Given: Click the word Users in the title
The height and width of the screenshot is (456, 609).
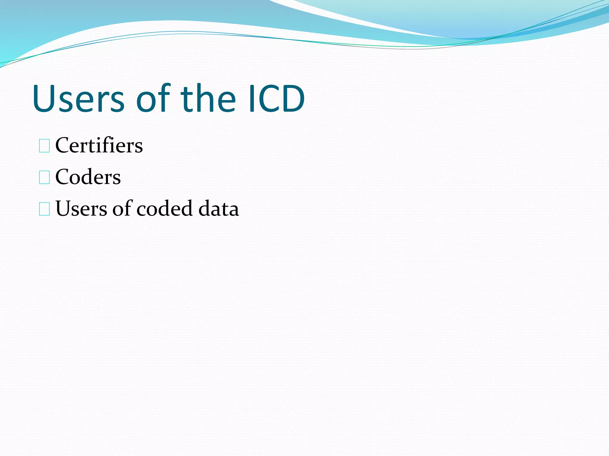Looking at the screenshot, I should pyautogui.click(x=79, y=99).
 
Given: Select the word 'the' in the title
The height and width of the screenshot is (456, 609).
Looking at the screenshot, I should pyautogui.click(x=208, y=99).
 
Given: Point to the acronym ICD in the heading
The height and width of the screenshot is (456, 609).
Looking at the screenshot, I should pyautogui.click(x=277, y=99).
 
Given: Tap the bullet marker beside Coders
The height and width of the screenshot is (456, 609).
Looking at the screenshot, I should pyautogui.click(x=44, y=178).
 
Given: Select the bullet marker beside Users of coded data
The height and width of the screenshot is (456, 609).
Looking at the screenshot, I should pyautogui.click(x=44, y=209).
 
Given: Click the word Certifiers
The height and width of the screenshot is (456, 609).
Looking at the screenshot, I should pyautogui.click(x=99, y=145).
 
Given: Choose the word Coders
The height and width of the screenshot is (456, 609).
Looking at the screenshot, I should pyautogui.click(x=88, y=177).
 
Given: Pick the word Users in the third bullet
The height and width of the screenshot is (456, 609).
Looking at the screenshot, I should pyautogui.click(x=81, y=208).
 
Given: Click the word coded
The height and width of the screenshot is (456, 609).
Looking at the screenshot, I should pyautogui.click(x=164, y=208).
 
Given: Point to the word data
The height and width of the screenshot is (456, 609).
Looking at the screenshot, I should pyautogui.click(x=219, y=208).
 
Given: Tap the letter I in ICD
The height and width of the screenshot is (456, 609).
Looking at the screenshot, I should pyautogui.click(x=252, y=99).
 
